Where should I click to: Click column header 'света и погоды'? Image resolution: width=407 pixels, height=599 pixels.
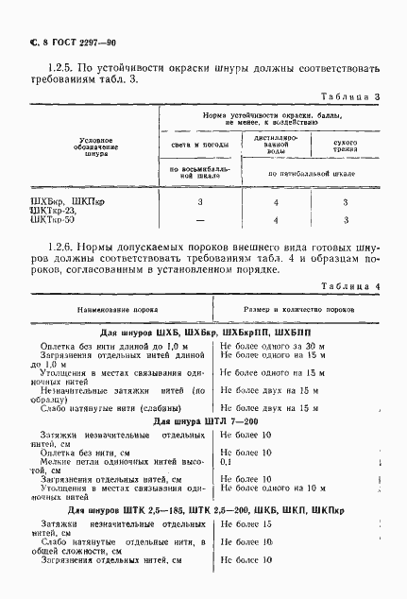click(x=199, y=145)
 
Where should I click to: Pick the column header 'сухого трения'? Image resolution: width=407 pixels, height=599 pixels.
click(x=346, y=145)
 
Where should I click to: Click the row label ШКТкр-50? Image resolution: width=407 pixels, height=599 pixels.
click(x=53, y=221)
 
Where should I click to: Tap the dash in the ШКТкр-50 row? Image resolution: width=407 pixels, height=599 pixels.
click(x=199, y=221)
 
